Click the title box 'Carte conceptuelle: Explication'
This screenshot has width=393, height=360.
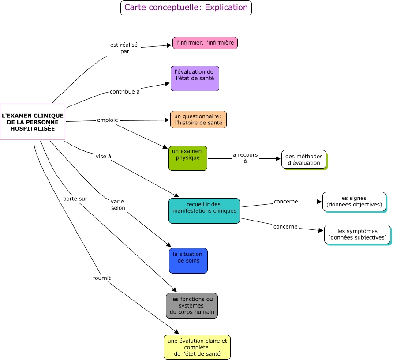pos(186,8)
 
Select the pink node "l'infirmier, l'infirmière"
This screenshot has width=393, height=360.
pos(205,43)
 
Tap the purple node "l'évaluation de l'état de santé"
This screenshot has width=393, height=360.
pos(195,78)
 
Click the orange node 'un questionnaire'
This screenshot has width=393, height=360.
pos(198,120)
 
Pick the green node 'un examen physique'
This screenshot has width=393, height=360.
pos(187,158)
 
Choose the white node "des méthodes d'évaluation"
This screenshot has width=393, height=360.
pos(303,159)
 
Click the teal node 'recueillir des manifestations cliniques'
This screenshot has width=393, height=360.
pos(204,210)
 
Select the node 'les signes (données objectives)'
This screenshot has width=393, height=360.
pos(354,202)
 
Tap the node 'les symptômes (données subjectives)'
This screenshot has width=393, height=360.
pos(357,234)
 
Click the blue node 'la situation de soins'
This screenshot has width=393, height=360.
pos(188,260)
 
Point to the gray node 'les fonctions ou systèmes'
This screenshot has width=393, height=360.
pos(191,305)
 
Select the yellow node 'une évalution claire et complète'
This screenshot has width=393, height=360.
pos(197,347)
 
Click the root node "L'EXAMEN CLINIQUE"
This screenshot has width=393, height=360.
pos(33,122)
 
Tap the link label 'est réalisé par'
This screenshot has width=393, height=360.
pos(124,48)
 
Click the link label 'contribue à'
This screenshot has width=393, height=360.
pos(124,92)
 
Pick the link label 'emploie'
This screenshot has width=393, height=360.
pos(107,120)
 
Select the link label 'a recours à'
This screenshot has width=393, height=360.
pos(245,158)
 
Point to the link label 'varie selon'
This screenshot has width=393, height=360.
pos(118,205)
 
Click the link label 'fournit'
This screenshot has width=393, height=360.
pos(101,278)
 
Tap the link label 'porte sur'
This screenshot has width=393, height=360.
pos(75,199)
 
